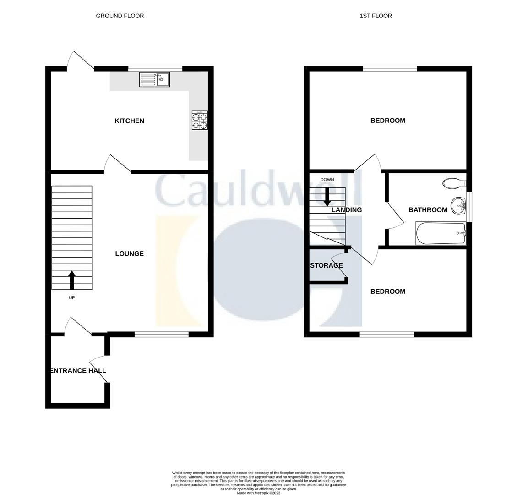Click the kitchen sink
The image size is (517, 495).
[x=155, y=80]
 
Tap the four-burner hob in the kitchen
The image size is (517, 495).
[x=200, y=121]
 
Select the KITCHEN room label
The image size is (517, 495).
[x=129, y=121]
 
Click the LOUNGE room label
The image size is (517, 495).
[x=129, y=253]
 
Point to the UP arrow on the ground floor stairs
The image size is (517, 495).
[x=71, y=280]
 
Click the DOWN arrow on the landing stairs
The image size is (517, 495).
[x=327, y=197]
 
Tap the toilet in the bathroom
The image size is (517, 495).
[x=454, y=183]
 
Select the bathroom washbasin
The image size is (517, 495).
[x=457, y=206]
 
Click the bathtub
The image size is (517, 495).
[x=441, y=234]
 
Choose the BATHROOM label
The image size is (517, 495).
[x=428, y=210]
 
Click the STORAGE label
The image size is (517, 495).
[x=326, y=265]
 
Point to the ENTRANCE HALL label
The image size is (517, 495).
[x=78, y=370]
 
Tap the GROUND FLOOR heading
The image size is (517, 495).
[x=120, y=16]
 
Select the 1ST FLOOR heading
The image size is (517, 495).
[x=376, y=16]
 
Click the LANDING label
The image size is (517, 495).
[x=346, y=210]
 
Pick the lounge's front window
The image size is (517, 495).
[x=161, y=334]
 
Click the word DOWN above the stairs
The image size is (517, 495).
[x=327, y=179]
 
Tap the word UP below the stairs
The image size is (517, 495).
[x=71, y=298]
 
